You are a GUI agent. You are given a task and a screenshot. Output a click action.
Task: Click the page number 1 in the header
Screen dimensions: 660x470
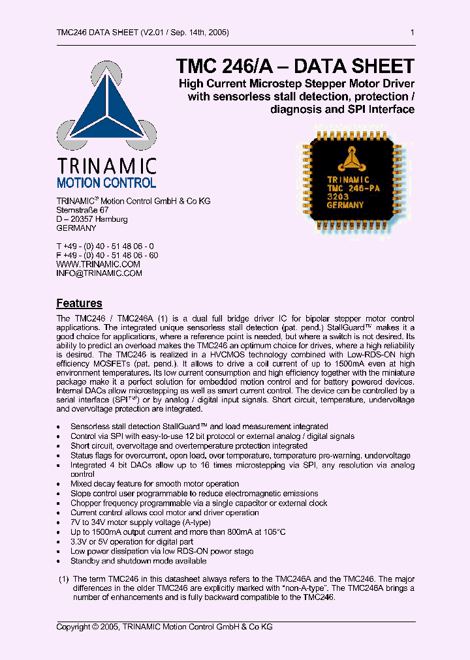tap(412, 33)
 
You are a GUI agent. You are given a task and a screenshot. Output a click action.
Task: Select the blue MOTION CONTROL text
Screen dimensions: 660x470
tap(106, 183)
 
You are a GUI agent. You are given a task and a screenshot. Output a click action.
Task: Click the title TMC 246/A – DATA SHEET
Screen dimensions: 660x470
tap(295, 67)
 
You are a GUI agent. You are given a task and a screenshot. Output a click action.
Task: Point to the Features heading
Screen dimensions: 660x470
tap(79, 303)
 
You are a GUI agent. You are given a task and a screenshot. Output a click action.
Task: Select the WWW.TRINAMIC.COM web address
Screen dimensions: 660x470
tap(98, 264)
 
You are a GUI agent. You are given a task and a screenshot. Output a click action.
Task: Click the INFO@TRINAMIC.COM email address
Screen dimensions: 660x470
tap(99, 273)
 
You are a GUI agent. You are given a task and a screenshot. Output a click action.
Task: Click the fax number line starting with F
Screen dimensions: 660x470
tap(107, 255)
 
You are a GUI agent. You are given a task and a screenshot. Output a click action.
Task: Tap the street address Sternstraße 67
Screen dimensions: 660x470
tap(83, 210)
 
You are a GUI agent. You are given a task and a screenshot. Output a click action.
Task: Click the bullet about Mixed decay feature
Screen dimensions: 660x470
tap(155, 484)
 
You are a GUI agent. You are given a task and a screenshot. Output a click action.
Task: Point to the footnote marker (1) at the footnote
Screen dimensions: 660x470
tap(63, 579)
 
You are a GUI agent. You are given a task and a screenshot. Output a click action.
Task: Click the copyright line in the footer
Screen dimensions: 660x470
tap(164, 627)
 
